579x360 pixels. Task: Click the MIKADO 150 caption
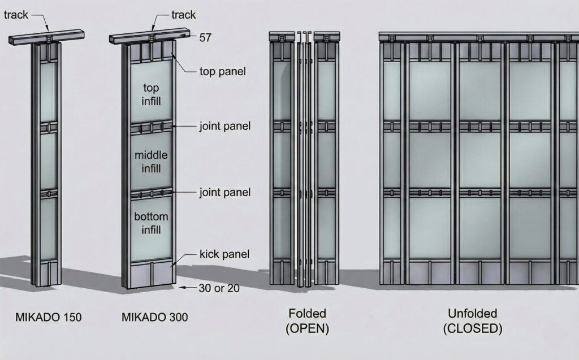point(49,317)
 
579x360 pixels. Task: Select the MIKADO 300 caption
point(155,317)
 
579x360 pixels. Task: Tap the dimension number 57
point(205,37)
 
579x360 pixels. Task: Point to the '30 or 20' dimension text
point(219,288)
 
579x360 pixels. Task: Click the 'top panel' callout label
point(223,71)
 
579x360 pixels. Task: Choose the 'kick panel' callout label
point(224,254)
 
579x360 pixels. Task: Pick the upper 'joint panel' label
point(225,126)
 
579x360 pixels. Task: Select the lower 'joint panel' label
point(225,192)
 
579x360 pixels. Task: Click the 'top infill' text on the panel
point(151,94)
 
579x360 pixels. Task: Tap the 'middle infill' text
point(151,162)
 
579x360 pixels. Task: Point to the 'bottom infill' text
point(151,223)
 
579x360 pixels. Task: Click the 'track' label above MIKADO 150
point(16,15)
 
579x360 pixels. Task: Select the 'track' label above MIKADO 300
point(184,15)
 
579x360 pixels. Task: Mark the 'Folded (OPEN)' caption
point(307,321)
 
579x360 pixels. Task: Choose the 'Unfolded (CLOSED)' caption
point(473,321)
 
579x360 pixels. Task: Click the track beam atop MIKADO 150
point(46,37)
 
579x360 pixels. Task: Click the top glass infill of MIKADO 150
point(49,92)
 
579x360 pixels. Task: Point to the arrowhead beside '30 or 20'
point(182,287)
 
